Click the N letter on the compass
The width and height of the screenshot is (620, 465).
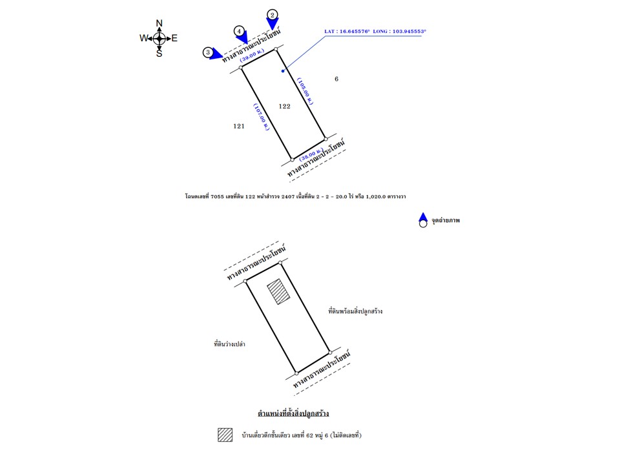[x=159, y=24]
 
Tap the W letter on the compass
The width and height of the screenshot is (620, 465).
[x=143, y=38]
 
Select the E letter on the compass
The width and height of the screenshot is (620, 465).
[x=174, y=38]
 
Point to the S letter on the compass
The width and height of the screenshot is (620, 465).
[x=159, y=53]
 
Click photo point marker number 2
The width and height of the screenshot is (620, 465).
[x=273, y=15]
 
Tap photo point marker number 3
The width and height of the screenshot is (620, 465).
[x=208, y=52]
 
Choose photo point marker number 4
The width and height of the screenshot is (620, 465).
[x=240, y=31]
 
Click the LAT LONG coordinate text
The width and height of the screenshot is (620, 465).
[x=375, y=30]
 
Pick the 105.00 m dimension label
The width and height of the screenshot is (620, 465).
[x=305, y=92]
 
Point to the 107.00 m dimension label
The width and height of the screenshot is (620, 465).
[x=261, y=118]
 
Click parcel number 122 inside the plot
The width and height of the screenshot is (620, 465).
[x=284, y=106]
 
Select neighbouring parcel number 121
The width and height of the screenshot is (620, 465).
[x=239, y=127]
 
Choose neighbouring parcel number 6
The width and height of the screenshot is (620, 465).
[x=336, y=79]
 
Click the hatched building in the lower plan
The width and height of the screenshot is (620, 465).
[x=278, y=291]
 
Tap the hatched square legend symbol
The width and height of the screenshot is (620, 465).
[x=225, y=435]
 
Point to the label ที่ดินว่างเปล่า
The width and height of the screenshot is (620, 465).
[x=229, y=344]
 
